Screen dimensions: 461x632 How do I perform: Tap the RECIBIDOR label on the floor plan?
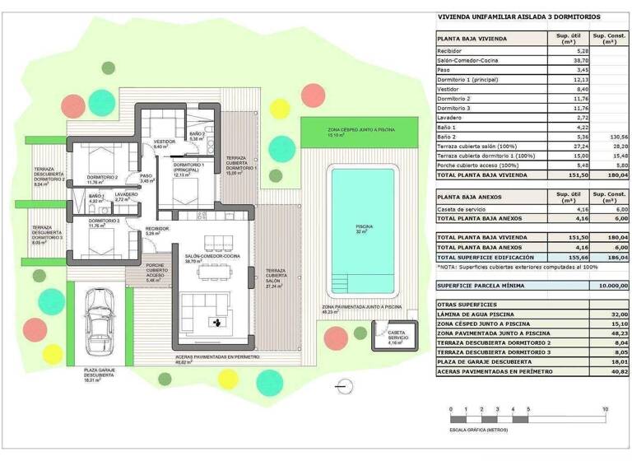point(157,230)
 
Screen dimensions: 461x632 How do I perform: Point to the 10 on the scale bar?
point(605,409)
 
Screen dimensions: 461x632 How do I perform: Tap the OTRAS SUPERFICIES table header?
point(466,304)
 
